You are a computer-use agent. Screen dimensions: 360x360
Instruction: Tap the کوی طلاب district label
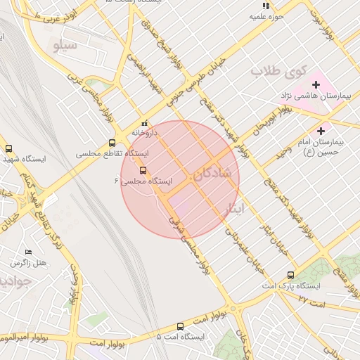[280, 71]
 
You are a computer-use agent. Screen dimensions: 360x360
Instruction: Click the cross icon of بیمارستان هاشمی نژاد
[316, 84]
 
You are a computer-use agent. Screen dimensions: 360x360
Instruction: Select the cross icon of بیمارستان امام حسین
[321, 130]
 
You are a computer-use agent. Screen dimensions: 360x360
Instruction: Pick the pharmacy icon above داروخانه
[144, 122]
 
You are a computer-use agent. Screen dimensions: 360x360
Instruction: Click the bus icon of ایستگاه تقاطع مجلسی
[112, 143]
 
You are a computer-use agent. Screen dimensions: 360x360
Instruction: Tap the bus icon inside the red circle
[143, 170]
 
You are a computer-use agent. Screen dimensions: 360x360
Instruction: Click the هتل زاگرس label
[28, 262]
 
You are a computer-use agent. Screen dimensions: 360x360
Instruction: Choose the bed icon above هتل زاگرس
[28, 252]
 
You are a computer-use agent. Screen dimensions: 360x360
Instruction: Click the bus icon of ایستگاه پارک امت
[290, 276]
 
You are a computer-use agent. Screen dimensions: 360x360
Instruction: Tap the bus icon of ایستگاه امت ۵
[181, 326]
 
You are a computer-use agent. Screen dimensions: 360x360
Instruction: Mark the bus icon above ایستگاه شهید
[8, 148]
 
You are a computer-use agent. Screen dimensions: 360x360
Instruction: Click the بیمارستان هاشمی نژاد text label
[306, 95]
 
